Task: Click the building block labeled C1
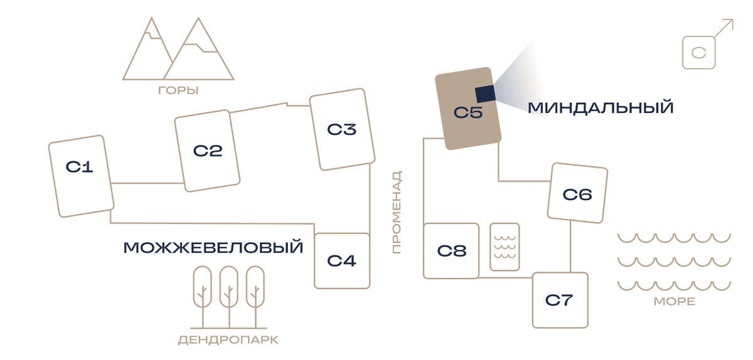[82, 176]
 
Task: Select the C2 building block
[207, 151]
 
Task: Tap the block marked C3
[342, 129]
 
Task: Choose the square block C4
[342, 261]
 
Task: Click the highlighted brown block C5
[468, 109]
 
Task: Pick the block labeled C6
[577, 193]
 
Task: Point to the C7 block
[560, 300]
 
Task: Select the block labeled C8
[451, 251]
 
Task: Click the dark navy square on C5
[485, 94]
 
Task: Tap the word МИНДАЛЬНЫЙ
[601, 108]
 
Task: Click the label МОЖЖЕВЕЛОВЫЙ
[213, 247]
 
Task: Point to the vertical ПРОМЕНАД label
[397, 212]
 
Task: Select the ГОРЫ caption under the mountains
[178, 90]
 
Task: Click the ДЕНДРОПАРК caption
[228, 340]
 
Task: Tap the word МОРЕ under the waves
[675, 302]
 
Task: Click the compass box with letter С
[699, 53]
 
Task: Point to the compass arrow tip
[733, 19]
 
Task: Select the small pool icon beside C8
[505, 246]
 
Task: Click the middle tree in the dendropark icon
[229, 297]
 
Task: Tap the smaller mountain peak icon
[148, 49]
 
